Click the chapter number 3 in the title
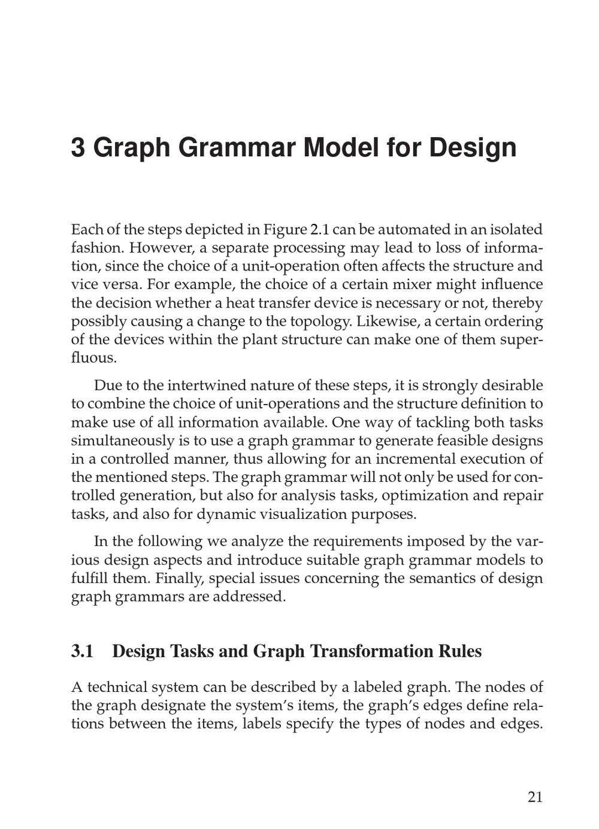[x=78, y=147]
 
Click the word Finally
[x=180, y=578]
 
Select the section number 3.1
[x=83, y=651]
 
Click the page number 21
[x=535, y=797]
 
